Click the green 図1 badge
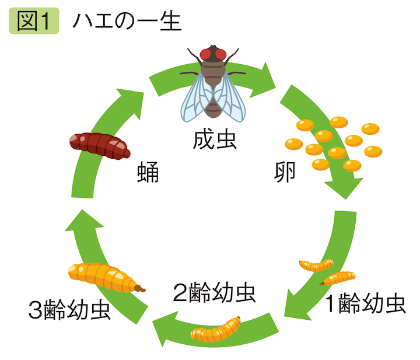coord(34,22)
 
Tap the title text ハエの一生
coord(127,22)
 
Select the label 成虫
coord(214,141)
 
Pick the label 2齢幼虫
coord(215,290)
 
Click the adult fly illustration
coord(213,82)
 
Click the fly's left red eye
coord(205,54)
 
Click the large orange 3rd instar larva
coord(103,277)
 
